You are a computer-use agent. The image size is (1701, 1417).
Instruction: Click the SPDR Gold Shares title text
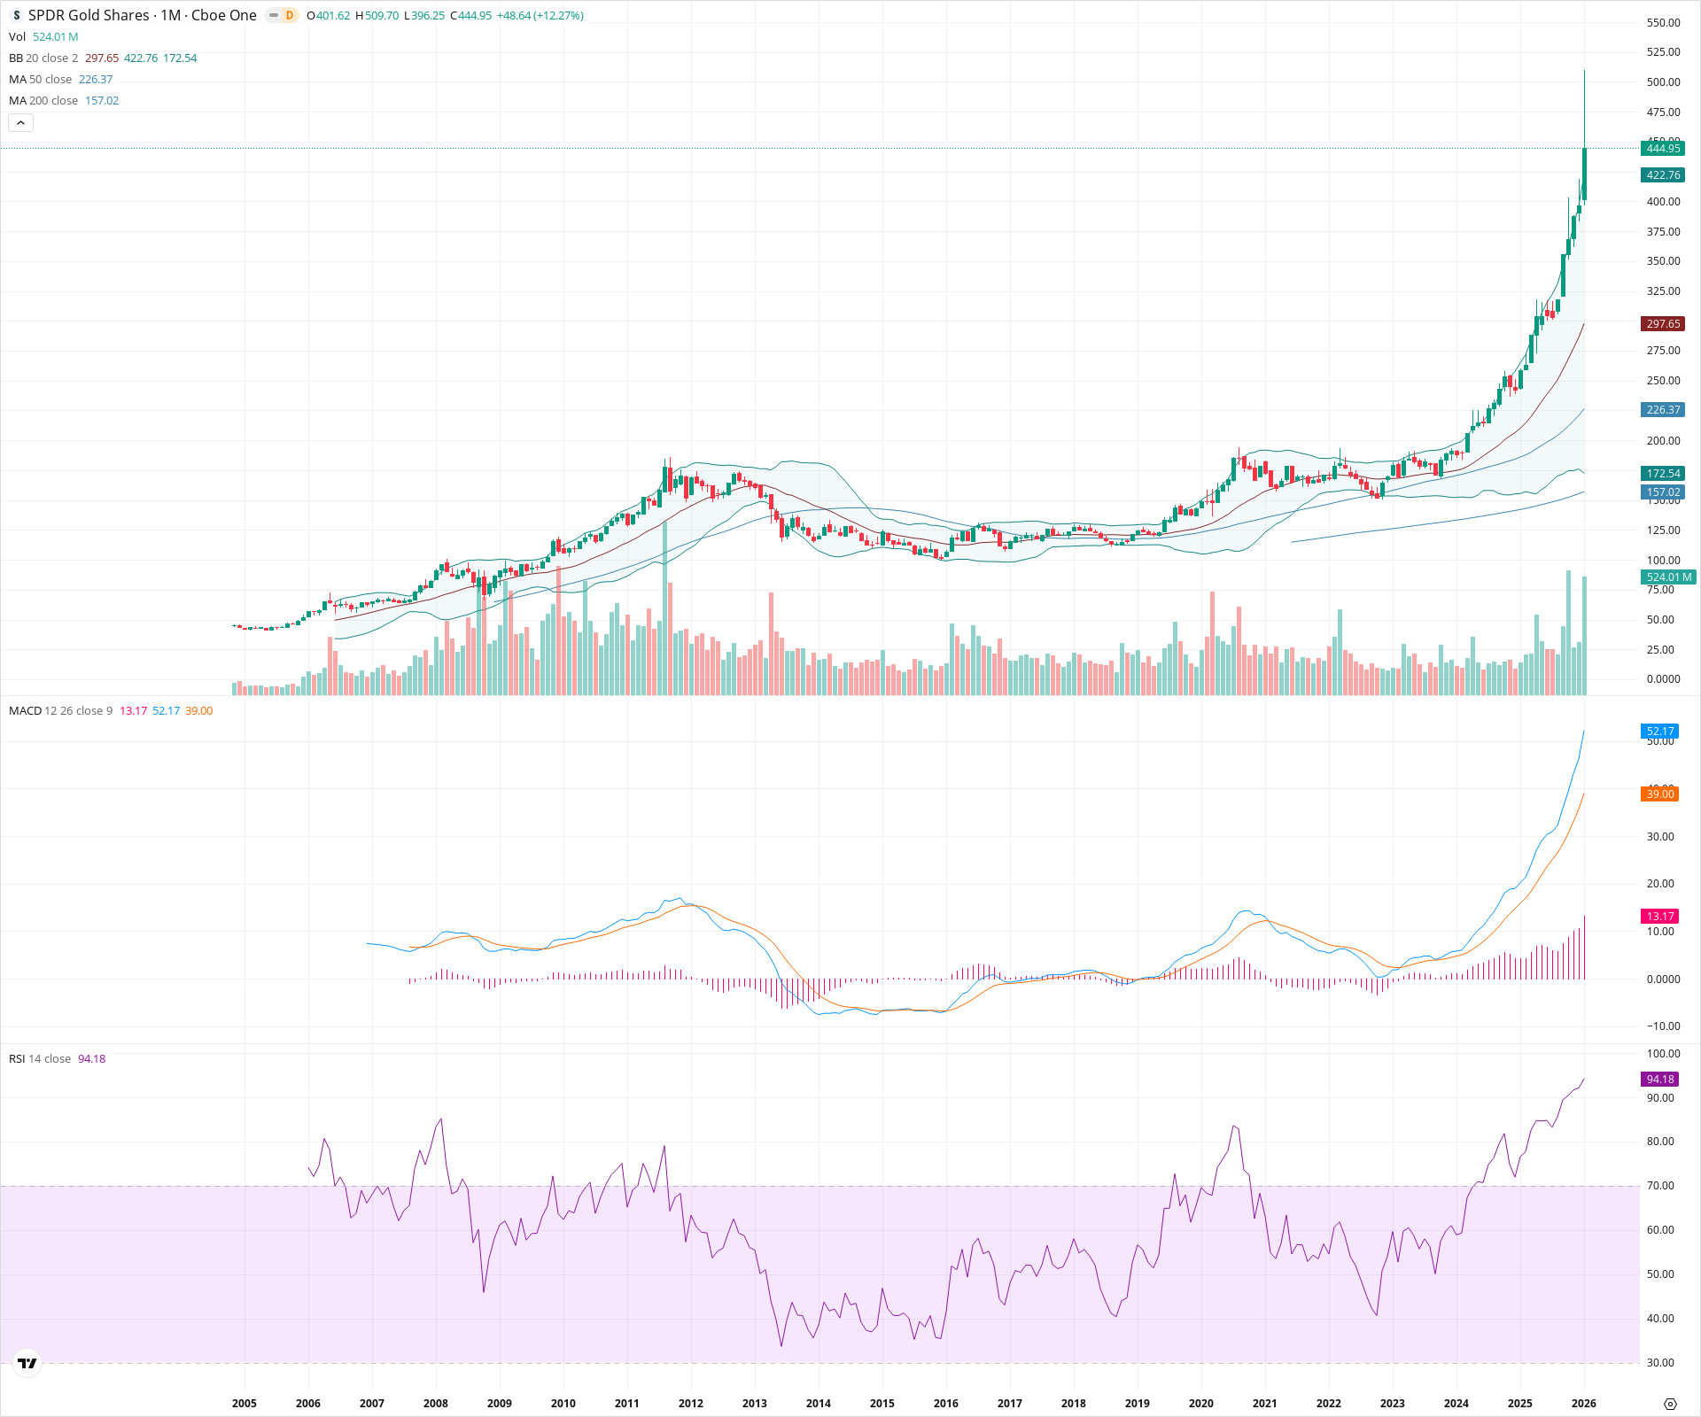pyautogui.click(x=89, y=15)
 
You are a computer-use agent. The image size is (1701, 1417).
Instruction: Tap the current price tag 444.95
pyautogui.click(x=1663, y=149)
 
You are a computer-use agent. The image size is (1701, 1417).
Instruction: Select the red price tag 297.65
pyautogui.click(x=1663, y=324)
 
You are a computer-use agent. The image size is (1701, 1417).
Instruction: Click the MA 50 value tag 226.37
pyautogui.click(x=1663, y=410)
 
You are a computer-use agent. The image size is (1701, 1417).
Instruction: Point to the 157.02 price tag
pyautogui.click(x=1663, y=492)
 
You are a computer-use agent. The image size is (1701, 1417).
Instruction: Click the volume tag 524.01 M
pyautogui.click(x=1668, y=577)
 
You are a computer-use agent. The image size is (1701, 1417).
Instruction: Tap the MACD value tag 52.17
pyautogui.click(x=1659, y=732)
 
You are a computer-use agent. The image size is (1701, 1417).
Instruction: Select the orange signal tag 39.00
pyautogui.click(x=1659, y=794)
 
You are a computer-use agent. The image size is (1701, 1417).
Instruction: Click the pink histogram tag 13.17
pyautogui.click(x=1659, y=917)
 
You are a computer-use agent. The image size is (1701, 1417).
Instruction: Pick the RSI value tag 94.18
pyautogui.click(x=1659, y=1080)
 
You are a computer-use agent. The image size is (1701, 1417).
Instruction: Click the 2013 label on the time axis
pyautogui.click(x=755, y=1403)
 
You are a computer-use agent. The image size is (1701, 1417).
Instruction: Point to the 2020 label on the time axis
pyautogui.click(x=1200, y=1403)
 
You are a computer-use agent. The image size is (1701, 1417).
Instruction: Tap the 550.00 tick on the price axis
pyautogui.click(x=1663, y=23)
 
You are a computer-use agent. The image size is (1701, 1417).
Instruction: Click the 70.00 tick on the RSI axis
pyautogui.click(x=1660, y=1186)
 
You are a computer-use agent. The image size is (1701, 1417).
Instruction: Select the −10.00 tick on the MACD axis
pyautogui.click(x=1662, y=1026)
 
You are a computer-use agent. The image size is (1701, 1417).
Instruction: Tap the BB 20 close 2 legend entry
pyautogui.click(x=43, y=58)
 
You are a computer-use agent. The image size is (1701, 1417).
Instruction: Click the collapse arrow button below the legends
pyautogui.click(x=20, y=123)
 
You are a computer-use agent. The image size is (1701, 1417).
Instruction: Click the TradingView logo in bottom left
pyautogui.click(x=27, y=1363)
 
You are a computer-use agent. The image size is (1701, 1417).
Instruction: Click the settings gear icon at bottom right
pyautogui.click(x=1670, y=1404)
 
